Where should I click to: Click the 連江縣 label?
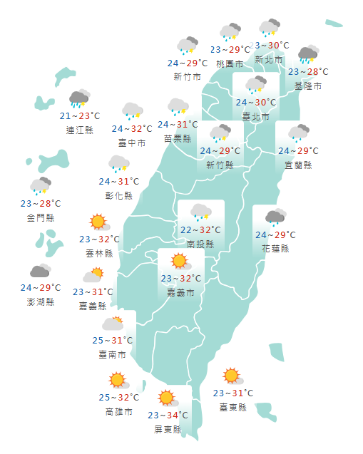tap(79, 130)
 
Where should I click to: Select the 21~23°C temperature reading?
tap(79, 116)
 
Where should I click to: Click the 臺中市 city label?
tap(132, 143)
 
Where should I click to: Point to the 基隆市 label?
tap(308, 86)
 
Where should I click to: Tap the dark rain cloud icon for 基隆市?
tap(308, 54)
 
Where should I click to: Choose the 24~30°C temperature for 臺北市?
tap(256, 103)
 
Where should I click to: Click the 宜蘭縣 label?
tap(298, 165)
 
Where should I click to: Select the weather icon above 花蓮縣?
tap(275, 217)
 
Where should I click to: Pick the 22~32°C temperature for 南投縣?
tap(200, 230)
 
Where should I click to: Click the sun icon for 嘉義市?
tap(178, 262)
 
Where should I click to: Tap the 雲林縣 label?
tap(99, 253)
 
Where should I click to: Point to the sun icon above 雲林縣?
tap(98, 222)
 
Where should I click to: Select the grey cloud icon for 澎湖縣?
tap(40, 271)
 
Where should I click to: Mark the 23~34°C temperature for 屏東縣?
tap(168, 416)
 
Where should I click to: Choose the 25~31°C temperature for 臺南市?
tap(113, 341)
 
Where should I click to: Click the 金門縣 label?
tap(41, 217)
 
